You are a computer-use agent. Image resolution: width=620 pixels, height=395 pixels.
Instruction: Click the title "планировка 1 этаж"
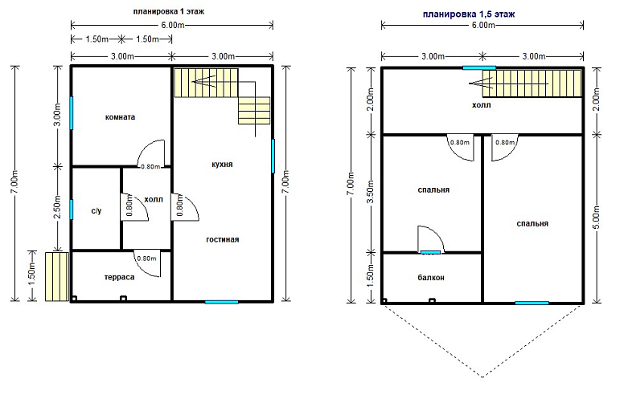pos(168,11)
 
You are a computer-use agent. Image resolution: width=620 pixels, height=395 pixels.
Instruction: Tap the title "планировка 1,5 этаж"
pos(469,14)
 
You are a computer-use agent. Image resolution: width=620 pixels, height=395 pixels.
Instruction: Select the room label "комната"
pos(120,117)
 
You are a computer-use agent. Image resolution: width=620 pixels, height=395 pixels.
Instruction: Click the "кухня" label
pos(222,165)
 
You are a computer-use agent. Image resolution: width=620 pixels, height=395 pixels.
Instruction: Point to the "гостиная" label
pos(223,239)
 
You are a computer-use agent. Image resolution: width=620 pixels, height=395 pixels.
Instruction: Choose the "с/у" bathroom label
pos(96,210)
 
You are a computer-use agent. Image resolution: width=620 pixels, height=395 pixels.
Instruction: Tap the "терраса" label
pos(119,277)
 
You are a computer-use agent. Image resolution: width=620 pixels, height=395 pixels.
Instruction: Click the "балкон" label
pos(431,278)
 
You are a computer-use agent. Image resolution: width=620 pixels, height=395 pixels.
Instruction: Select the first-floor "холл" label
pos(154,199)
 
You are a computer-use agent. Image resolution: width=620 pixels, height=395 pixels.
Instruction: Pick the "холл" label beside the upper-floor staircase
pos(481,105)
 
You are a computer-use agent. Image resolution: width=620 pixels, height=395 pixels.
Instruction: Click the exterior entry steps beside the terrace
pos(56,277)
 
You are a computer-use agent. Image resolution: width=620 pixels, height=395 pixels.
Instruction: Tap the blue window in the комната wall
pos(72,112)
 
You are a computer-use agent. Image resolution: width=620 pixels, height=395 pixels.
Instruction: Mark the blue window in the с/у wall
pos(72,209)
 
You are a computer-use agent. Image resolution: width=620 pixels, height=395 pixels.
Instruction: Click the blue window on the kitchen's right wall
pos(273,156)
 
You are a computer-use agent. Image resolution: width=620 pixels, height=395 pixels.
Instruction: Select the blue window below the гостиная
pos(221,302)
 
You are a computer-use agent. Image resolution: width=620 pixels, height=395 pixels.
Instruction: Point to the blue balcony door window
pos(430,252)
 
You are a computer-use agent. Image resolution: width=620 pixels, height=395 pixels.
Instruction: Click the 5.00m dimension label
pos(597,217)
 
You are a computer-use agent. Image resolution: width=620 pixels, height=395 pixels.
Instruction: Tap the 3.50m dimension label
pos(371,193)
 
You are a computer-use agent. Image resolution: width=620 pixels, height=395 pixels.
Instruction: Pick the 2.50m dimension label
pos(57,207)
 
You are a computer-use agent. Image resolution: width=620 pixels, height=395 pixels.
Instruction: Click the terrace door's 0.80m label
pos(146,259)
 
